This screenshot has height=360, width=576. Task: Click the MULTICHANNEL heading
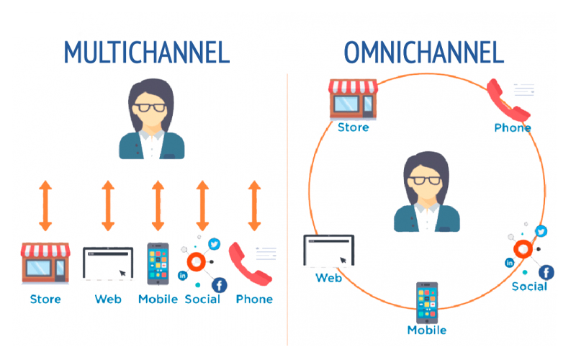point(146,52)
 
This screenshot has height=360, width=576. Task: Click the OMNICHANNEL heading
point(424,52)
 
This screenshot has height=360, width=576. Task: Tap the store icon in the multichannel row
point(45,263)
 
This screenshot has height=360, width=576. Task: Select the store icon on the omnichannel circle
point(352,99)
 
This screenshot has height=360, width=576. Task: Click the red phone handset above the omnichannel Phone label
point(508,101)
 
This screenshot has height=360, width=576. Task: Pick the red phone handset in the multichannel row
point(249,264)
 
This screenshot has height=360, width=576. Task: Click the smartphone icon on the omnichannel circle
point(427,302)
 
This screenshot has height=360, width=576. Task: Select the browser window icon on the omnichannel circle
point(328,251)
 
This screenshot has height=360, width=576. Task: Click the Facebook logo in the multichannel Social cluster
point(219,284)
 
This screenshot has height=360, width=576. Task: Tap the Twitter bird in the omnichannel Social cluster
point(541,232)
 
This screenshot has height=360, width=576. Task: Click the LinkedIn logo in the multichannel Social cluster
point(182,276)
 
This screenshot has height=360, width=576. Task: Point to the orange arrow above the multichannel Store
point(45,205)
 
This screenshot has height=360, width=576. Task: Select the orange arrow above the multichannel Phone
point(254,205)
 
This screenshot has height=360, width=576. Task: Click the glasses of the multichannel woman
point(152,107)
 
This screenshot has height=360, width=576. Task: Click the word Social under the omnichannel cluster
point(529,287)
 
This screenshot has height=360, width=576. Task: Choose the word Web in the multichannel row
point(108,299)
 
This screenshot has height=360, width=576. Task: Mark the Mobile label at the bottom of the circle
point(427,330)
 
